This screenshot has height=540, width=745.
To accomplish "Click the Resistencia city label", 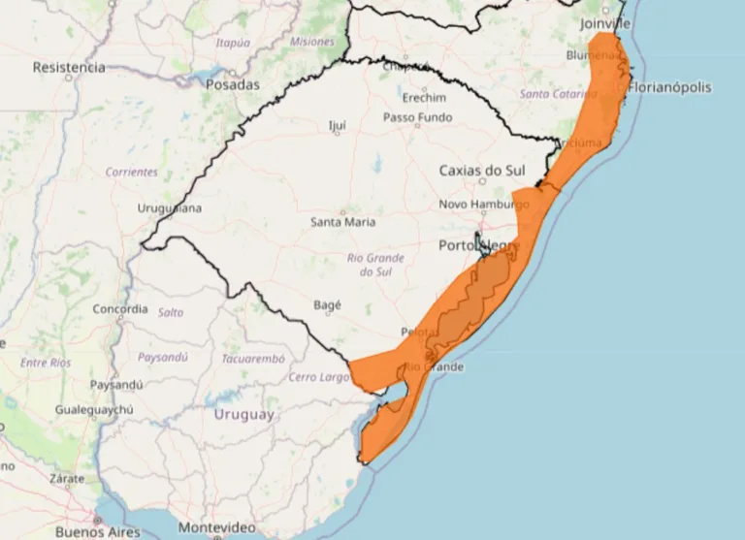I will [x=68, y=68].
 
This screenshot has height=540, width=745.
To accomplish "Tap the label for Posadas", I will [x=233, y=85].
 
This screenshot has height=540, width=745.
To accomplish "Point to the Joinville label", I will [x=604, y=22].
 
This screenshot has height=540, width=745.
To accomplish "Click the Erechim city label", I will [x=424, y=98].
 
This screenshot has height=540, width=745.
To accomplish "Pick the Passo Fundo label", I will [x=417, y=117].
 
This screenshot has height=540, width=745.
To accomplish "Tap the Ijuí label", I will [x=338, y=125].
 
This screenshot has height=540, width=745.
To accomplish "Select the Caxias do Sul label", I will [x=482, y=171].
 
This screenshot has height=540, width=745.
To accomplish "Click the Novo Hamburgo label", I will [x=484, y=205].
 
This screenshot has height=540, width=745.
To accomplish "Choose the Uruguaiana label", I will [x=169, y=208].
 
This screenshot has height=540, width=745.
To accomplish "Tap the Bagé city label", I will [x=328, y=304].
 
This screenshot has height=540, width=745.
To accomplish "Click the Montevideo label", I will [x=216, y=527].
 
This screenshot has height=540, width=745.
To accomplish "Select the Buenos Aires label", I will [x=97, y=531].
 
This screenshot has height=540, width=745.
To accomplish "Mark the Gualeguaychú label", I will [x=94, y=410].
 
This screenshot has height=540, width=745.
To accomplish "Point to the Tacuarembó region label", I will [x=249, y=358].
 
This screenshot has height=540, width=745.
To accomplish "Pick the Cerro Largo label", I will [x=318, y=377].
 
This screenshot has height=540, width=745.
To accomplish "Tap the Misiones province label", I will [x=311, y=42].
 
